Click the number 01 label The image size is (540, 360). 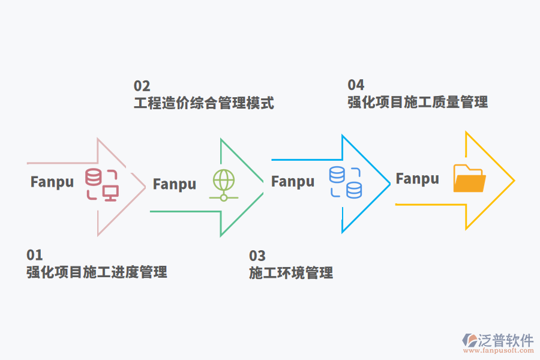tap(35, 254)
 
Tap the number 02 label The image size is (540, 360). tap(142, 86)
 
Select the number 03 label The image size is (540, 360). tap(257, 256)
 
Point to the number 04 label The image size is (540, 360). tap(356, 85)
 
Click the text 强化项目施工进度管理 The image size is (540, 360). tap(97, 272)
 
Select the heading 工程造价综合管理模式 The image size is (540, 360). tap(204, 103)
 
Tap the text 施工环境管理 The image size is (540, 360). tap(291, 273)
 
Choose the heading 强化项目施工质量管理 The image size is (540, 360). tap(418, 102)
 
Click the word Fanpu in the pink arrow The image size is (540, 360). tap(52, 182)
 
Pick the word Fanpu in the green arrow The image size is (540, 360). tap(175, 184)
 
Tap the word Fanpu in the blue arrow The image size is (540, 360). tap(293, 181)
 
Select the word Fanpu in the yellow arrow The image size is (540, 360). tap(417, 178)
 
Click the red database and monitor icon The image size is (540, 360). tap(101, 184)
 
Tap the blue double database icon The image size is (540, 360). tap(346, 182)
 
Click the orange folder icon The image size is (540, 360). tap(469, 178)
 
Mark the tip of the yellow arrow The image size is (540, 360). tap(514, 180)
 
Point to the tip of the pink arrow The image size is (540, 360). tap(145, 186)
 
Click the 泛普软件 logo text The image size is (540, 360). tap(506, 340)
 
